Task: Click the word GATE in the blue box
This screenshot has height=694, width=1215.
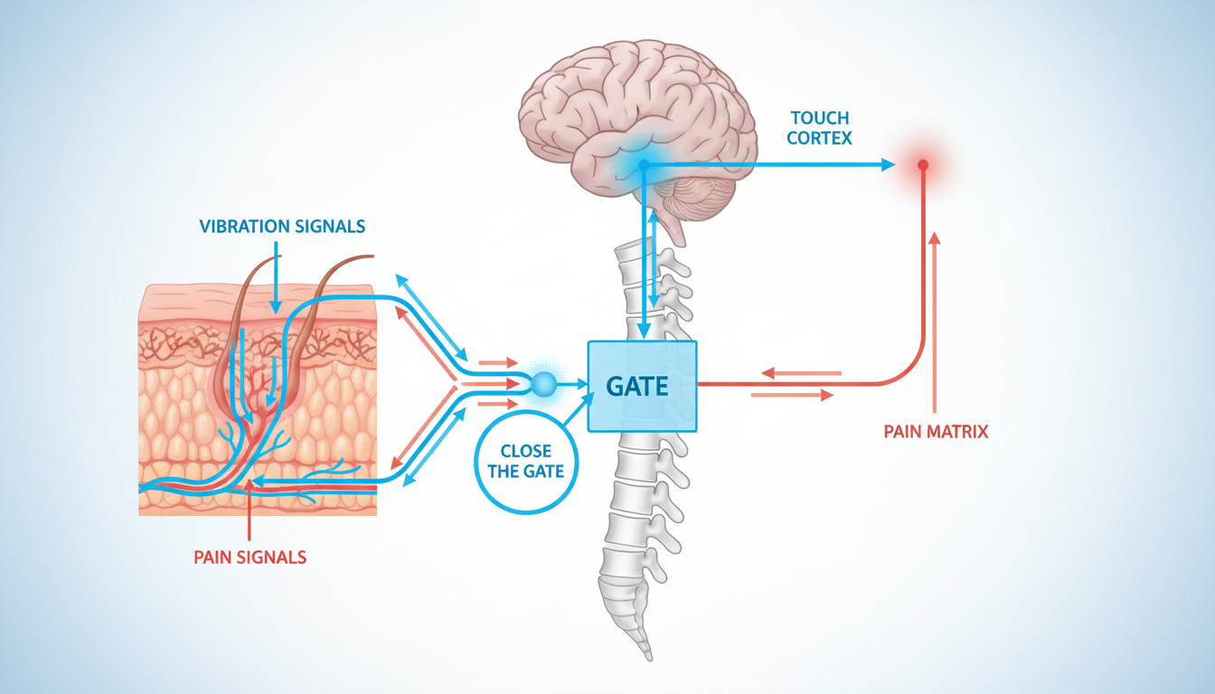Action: coord(637,387)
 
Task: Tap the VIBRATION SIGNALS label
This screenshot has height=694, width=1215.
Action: coord(283,226)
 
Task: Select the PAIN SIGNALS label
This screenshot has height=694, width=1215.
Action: coord(250,558)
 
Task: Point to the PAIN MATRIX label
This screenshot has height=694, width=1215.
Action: coord(936,432)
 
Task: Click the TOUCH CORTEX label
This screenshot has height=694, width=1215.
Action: coord(820,129)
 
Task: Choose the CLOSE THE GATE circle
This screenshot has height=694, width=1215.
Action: coord(525,462)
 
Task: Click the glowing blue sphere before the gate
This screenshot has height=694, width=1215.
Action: coord(544,384)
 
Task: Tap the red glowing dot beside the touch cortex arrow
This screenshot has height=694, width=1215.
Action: coord(923,165)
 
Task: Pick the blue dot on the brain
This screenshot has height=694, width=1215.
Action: coord(644,165)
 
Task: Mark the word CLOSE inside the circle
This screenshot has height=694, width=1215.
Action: coord(525,450)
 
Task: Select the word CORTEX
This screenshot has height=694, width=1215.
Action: coord(820,139)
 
